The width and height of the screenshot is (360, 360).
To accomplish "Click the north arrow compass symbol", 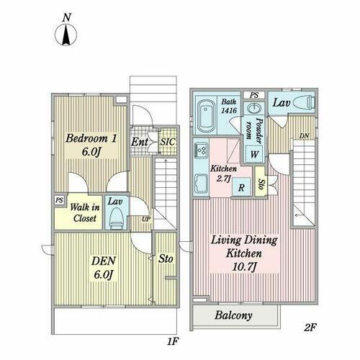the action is click(66, 35).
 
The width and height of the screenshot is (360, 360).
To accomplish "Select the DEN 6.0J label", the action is click(104, 268).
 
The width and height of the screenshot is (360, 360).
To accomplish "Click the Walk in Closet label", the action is click(85, 212).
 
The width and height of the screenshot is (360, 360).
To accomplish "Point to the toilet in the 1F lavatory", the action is click(117, 219).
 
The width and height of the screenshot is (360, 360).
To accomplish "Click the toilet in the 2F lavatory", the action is click(304, 103).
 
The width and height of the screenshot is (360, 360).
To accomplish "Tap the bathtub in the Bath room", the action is click(206, 117).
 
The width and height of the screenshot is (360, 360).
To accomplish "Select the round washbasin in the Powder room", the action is click(254, 109).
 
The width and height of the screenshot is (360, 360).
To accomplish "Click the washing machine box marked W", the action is click(254, 154).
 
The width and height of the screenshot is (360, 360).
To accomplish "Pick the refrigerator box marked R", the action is click(241, 187).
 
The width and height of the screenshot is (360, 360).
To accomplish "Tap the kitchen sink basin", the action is click(201, 184).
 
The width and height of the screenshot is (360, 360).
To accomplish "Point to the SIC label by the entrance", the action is click(168, 142).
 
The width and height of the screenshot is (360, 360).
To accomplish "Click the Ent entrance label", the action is click(139, 142).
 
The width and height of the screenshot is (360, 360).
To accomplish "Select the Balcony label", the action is click(233, 315).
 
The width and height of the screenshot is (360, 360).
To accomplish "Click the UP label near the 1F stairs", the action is click(146, 219).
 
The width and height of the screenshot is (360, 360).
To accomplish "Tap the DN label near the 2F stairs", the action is click(304, 136).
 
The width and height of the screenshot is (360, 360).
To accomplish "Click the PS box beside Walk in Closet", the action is click(60, 199).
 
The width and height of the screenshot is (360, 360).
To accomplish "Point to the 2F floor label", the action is click(310, 328).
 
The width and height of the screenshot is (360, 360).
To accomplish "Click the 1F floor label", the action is click(173, 341).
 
